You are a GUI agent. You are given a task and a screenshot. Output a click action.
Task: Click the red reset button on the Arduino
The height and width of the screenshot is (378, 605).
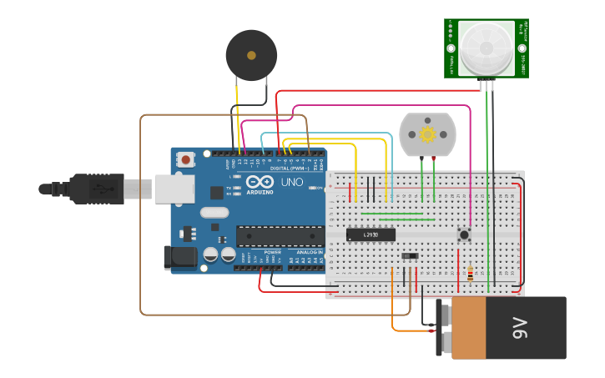point(185,159)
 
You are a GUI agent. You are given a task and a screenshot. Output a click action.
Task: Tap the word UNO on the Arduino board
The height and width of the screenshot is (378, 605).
point(291,182)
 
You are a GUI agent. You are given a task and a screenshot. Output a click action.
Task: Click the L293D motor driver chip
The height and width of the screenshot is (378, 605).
point(371,234)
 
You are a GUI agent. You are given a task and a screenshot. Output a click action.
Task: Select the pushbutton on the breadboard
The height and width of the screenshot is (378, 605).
point(464,234)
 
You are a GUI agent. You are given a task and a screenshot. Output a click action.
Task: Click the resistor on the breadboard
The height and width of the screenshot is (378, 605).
point(470,274)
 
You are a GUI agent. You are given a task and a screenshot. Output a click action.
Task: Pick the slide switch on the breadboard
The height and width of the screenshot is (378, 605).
point(410,255)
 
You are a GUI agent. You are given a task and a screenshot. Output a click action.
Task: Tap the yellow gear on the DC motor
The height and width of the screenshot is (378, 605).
point(427,134)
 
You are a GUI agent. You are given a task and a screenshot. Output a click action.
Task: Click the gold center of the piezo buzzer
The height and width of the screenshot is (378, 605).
point(251,55)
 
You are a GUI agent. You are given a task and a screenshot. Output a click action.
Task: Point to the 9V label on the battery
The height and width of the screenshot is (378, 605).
point(519,328)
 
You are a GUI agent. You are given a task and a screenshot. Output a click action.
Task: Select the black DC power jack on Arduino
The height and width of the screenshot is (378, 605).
point(180,257)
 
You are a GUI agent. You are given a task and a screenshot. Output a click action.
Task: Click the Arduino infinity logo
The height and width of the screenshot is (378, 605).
point(260,182)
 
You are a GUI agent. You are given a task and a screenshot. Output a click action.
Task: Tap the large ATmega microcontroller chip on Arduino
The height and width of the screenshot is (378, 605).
point(280,236)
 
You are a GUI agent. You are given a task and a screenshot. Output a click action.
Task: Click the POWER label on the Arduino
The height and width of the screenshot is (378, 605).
point(272,251)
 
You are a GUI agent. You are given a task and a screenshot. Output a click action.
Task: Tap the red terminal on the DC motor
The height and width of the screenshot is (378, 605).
point(433,158)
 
